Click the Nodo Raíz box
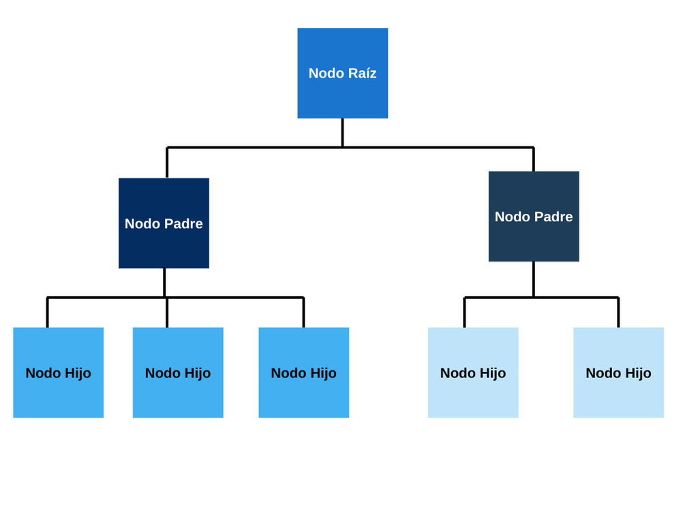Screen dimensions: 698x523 pos(343,74)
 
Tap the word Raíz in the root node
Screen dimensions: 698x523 pos(361,73)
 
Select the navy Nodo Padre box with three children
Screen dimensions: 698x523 pos(164,223)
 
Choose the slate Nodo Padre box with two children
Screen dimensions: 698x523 pos(534,217)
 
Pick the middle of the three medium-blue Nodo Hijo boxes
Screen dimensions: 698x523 pos(178,373)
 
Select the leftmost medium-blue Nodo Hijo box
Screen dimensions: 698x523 pos(59,373)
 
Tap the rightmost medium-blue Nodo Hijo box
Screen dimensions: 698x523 pos(304,373)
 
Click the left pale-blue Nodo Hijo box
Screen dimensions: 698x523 pos(473,373)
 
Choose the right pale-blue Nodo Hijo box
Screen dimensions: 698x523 pos(619,373)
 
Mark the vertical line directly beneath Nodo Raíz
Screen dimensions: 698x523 pos(343,133)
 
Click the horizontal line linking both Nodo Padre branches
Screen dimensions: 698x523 pos(350,147)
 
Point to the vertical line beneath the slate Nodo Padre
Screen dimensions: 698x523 pos(534,279)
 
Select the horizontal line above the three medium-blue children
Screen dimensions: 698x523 pos(175,297)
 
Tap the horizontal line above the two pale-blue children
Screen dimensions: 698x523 pos(541,297)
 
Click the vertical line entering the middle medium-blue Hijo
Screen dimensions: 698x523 pos(167,312)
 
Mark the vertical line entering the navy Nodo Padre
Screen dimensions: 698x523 pos(167,163)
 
